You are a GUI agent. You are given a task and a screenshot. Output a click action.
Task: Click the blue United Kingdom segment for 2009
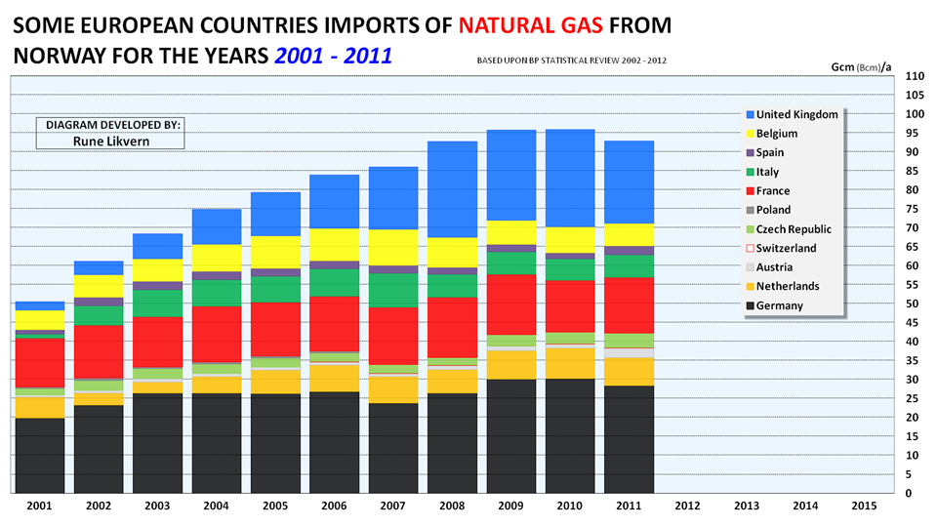click(512, 175)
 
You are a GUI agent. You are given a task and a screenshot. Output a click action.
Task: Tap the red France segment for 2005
click(276, 329)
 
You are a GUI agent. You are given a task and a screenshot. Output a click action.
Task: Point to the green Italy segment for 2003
click(158, 304)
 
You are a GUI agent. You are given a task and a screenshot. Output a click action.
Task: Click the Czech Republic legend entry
click(793, 229)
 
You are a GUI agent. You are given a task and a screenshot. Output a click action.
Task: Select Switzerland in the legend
click(785, 248)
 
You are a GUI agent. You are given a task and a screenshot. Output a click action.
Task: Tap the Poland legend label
click(772, 210)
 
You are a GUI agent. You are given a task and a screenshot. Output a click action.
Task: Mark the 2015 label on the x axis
click(863, 507)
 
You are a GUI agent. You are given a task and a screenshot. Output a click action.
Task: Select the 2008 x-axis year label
click(453, 507)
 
